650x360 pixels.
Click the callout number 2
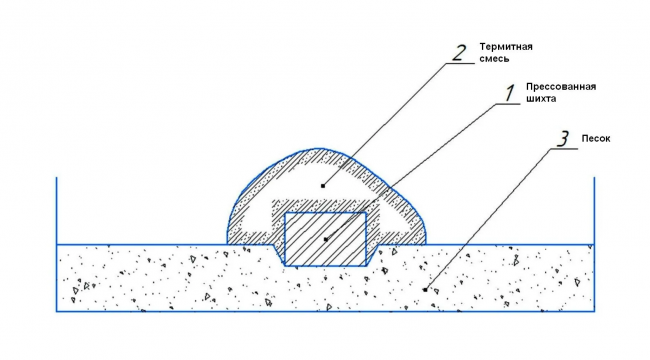click(459, 53)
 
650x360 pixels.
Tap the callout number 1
click(510, 93)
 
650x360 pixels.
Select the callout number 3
click(562, 139)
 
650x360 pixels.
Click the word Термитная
click(506, 46)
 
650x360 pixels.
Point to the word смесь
click(494, 58)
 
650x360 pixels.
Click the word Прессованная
click(561, 87)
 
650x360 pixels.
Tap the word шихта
click(541, 99)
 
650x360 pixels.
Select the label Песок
click(596, 139)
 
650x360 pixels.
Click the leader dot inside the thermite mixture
click(323, 186)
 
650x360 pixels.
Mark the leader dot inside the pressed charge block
click(326, 239)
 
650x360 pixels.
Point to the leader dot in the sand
click(425, 290)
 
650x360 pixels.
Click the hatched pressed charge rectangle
click(325, 239)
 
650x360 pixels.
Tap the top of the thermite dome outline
click(318, 148)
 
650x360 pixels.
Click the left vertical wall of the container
click(56, 244)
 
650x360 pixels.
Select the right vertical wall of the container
click(594, 244)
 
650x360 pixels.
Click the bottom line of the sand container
click(325, 311)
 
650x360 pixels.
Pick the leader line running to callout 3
click(488, 219)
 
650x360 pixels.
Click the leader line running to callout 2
click(385, 124)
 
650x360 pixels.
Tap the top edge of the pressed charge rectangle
click(325, 213)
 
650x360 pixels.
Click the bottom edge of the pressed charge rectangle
click(325, 265)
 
